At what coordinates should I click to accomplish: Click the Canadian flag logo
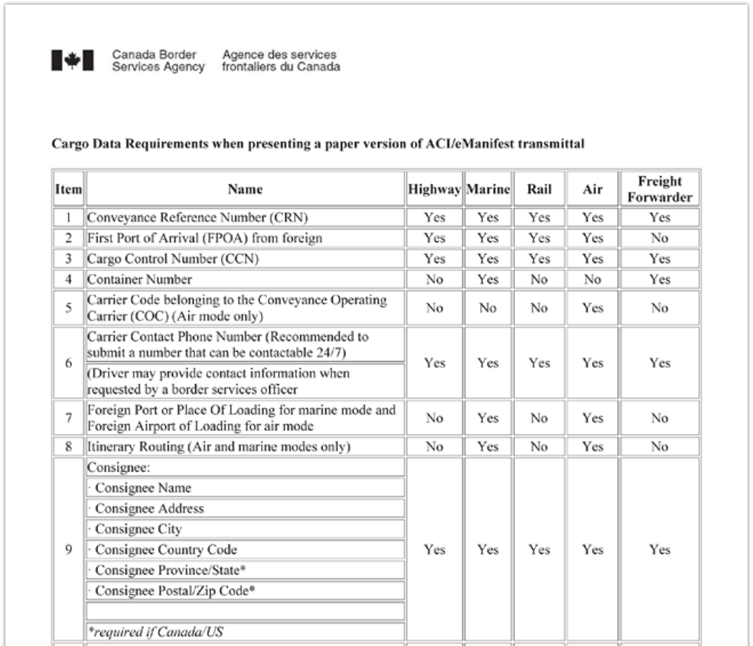73,60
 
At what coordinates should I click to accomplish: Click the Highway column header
435,189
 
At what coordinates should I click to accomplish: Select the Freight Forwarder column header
659,189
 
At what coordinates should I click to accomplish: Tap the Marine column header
487,189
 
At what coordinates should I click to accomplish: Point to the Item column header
68,189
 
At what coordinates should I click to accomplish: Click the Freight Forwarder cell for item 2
659,238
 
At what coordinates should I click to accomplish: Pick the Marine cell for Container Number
487,279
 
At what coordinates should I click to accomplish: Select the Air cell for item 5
592,308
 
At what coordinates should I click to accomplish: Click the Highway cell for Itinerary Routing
435,448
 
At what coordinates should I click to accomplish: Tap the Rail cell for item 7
539,419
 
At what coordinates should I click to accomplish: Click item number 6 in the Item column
68,364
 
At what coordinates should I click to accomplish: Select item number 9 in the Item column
68,550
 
